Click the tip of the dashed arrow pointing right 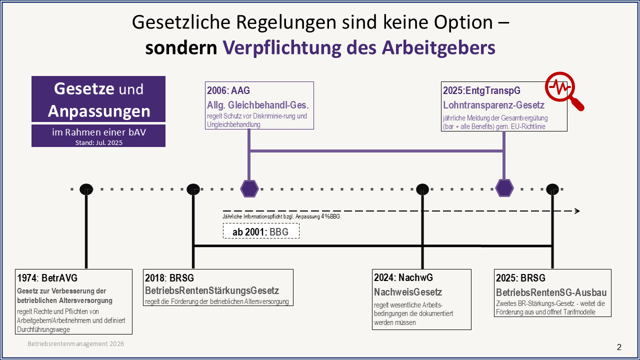coord(579,211)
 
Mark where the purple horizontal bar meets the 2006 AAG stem coord(249,150)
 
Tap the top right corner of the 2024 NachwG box coord(471,269)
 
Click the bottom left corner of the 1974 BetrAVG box coord(15,334)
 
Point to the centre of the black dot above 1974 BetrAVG coord(86,189)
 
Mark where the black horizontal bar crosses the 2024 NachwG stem coord(422,245)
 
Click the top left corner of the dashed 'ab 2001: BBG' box coord(223,223)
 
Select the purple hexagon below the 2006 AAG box coord(249,188)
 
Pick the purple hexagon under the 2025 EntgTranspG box coord(504,188)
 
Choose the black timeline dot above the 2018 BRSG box coord(193,189)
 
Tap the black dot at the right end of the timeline coord(552,189)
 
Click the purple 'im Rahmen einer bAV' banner coord(98,135)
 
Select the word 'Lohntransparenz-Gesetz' coord(493,105)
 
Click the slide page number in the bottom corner coord(619,347)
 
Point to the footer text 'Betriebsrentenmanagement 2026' coord(75,343)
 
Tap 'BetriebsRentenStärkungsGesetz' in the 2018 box coord(211,290)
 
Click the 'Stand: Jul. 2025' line coord(99,142)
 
